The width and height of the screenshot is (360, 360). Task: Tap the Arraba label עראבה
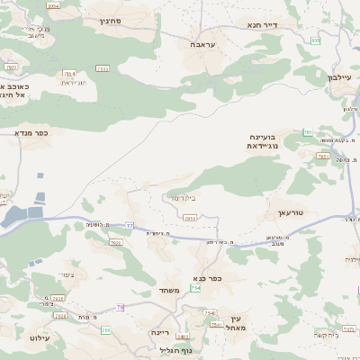click(201, 43)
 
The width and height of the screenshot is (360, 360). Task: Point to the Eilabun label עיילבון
click(344, 77)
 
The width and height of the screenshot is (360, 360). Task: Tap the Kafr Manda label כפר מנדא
click(30, 132)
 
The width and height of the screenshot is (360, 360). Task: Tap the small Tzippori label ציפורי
click(66, 275)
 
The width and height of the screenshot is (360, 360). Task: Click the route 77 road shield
click(130, 225)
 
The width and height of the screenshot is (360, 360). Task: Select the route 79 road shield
click(120, 308)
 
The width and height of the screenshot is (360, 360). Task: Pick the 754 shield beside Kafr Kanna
click(195, 288)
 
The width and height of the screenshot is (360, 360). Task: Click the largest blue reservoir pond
click(16, 215)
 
